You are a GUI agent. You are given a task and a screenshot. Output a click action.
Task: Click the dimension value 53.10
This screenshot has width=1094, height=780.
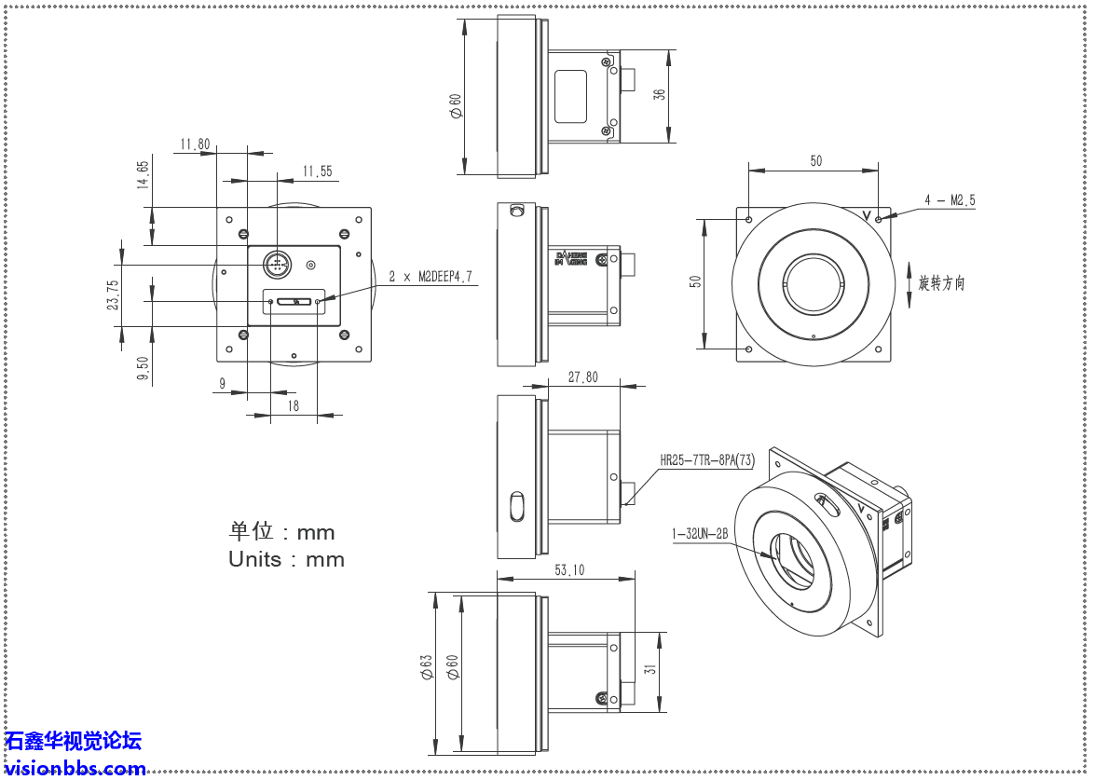[568, 569]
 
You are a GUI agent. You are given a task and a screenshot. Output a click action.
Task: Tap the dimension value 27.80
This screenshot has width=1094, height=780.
[583, 377]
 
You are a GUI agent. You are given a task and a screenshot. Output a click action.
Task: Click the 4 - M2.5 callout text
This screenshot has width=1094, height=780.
[950, 200]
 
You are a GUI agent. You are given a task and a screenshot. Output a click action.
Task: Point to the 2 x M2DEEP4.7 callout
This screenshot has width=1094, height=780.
[431, 277]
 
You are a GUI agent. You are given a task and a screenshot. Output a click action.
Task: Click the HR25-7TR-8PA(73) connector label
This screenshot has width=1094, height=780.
[706, 459]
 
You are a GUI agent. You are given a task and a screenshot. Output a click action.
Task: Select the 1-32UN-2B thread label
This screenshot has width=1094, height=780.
[699, 534]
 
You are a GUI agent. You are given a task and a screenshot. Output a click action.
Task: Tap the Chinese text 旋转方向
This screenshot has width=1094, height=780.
[941, 283]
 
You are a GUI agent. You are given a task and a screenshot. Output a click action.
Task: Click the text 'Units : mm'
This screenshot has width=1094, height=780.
[286, 559]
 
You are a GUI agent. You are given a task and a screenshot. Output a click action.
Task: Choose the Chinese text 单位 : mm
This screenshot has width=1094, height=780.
[281, 531]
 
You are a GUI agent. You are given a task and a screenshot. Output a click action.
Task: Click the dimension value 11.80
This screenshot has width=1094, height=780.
[195, 144]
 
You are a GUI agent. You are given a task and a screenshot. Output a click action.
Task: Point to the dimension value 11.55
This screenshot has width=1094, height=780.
[317, 171]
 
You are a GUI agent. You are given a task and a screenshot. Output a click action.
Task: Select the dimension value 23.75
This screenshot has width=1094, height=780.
[113, 295]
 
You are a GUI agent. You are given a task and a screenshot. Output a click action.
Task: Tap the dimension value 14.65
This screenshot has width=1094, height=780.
[143, 175]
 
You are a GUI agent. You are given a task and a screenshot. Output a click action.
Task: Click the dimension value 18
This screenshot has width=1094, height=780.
[294, 405]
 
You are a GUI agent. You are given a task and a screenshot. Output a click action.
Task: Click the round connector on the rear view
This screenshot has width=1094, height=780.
[276, 264]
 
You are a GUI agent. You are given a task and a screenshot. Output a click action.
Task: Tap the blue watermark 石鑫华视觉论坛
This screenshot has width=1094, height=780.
[74, 741]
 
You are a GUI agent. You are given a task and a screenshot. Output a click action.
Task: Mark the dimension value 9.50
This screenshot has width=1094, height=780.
[143, 370]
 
